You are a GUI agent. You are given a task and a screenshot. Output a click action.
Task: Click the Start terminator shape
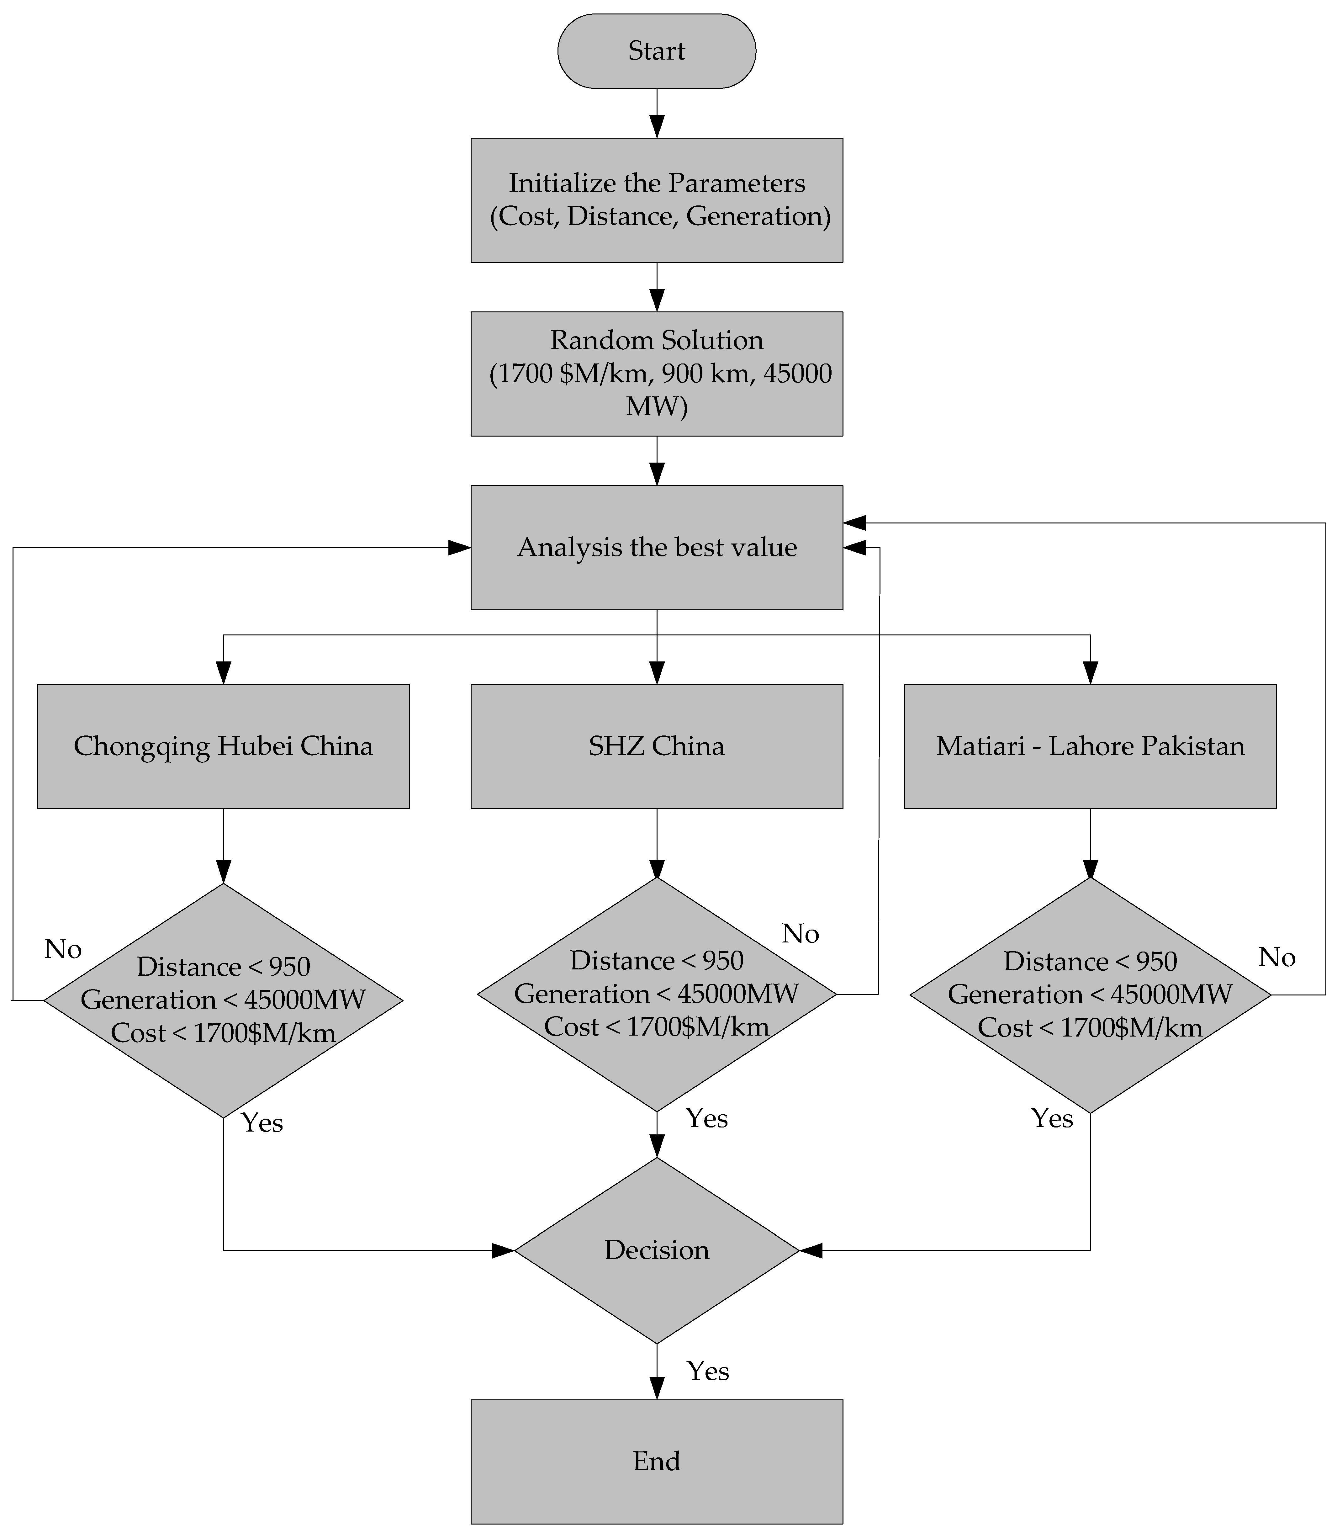[x=657, y=51]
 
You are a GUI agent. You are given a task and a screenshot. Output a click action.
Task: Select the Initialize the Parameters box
[x=657, y=200]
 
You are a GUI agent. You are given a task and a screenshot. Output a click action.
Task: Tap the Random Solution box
[x=657, y=373]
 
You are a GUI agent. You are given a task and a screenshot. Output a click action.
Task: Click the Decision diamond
[x=657, y=1250]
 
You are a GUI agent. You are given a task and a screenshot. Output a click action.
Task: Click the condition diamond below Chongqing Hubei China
[x=223, y=1000]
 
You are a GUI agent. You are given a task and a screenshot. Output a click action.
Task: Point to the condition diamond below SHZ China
[x=657, y=994]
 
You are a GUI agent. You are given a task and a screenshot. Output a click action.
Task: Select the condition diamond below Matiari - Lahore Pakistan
[x=1090, y=995]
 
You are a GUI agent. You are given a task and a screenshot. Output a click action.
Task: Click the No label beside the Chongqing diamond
[x=63, y=949]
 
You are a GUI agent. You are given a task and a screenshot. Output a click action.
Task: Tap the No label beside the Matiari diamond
[x=1276, y=957]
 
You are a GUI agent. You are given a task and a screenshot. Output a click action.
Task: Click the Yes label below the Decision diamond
[x=707, y=1371]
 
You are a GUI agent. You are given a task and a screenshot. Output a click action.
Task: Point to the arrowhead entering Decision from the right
[x=811, y=1250]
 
